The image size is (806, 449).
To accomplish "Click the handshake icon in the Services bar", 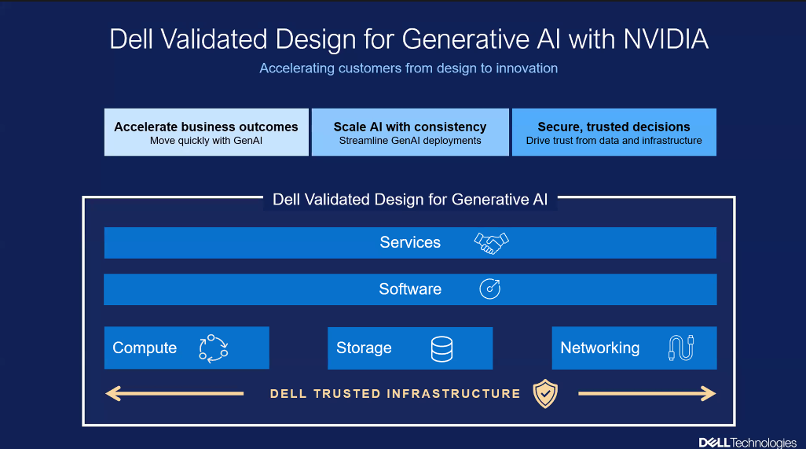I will pyautogui.click(x=492, y=243).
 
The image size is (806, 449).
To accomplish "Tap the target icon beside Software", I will pyautogui.click(x=490, y=289).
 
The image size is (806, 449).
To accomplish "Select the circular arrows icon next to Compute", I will pyautogui.click(x=213, y=348).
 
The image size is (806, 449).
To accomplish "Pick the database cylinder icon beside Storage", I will pyautogui.click(x=442, y=348).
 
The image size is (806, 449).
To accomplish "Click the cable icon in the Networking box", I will pyautogui.click(x=681, y=348).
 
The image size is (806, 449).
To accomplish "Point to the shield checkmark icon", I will pyautogui.click(x=545, y=393).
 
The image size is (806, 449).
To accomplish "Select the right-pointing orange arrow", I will pyautogui.click(x=647, y=393).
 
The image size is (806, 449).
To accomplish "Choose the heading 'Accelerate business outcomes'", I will pyautogui.click(x=206, y=127).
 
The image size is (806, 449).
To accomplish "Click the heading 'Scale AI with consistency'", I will pyautogui.click(x=410, y=127).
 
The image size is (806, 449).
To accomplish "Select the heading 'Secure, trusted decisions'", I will pyautogui.click(x=614, y=127).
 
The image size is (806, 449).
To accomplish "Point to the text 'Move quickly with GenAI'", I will pyautogui.click(x=206, y=142).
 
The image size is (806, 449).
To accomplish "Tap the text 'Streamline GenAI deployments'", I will pyautogui.click(x=410, y=142).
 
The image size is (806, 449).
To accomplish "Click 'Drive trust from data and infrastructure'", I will pyautogui.click(x=614, y=142).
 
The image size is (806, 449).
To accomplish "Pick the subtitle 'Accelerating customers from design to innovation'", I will pyautogui.click(x=408, y=68).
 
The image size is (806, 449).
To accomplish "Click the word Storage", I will pyautogui.click(x=364, y=348).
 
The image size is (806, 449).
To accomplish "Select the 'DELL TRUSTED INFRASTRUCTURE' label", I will pyautogui.click(x=395, y=393).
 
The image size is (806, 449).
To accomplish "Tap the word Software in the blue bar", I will pyautogui.click(x=410, y=289).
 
